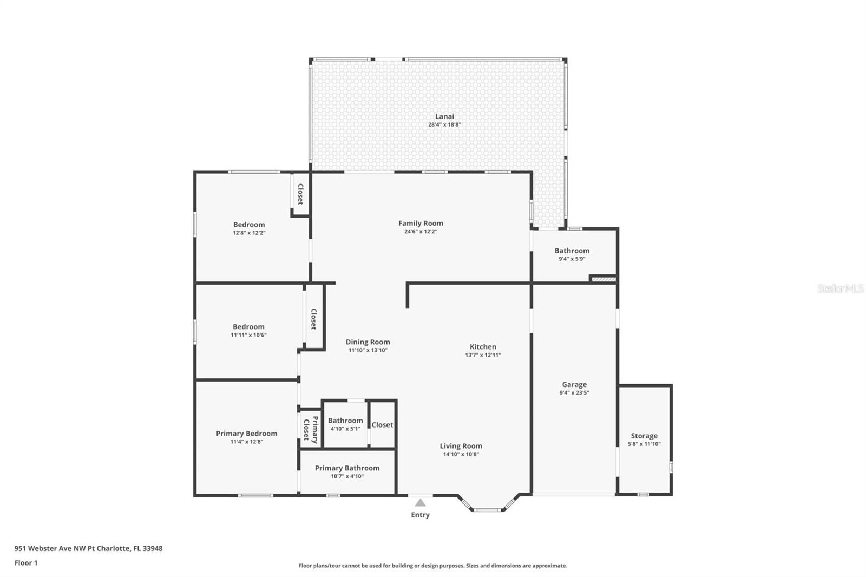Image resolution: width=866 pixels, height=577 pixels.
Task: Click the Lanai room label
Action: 444,116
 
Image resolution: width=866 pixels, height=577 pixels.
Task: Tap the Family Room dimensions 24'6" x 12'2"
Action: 421,232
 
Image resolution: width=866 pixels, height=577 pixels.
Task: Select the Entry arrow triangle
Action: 420,503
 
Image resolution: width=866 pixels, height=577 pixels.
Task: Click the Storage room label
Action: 644,436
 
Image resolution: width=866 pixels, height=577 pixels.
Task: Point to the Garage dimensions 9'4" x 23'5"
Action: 574,393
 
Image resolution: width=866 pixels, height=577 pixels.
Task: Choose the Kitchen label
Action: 483,347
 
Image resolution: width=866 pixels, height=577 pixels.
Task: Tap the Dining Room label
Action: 368,342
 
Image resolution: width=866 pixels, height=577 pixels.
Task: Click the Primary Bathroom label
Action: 347,468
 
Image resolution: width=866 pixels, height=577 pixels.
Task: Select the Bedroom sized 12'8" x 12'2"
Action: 249,225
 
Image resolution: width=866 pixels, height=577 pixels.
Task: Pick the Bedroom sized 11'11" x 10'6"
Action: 248,327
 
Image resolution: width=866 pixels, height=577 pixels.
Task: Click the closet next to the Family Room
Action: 300,194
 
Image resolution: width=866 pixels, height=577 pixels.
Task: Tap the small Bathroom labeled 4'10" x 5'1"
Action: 345,421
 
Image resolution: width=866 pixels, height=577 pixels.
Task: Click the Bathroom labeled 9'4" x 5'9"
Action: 572,251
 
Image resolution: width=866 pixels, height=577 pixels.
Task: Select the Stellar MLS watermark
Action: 840,289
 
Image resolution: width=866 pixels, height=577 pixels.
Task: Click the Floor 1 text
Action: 26,563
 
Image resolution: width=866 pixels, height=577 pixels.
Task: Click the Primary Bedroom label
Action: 246,434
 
